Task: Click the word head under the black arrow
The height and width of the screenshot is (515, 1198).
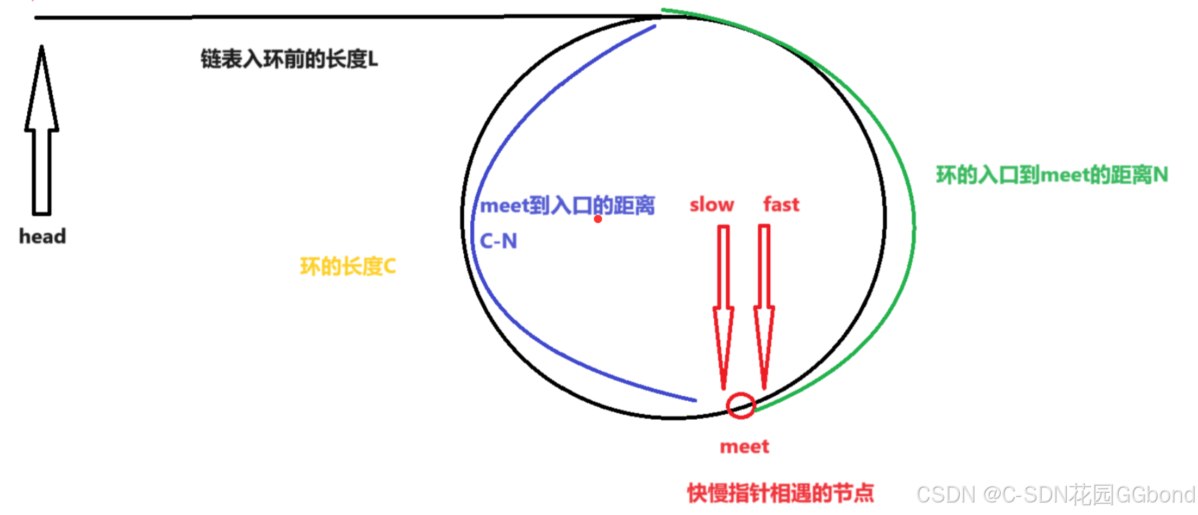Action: [x=42, y=236]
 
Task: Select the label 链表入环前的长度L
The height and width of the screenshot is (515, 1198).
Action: [x=289, y=59]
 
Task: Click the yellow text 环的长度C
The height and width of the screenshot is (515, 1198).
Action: [x=347, y=266]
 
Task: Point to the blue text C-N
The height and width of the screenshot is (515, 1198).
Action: [x=498, y=241]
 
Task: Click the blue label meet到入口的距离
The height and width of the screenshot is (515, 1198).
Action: [x=567, y=206]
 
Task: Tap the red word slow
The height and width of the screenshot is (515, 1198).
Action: [x=711, y=204]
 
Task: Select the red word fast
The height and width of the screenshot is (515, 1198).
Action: [x=781, y=204]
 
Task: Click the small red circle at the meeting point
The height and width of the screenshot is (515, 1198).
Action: [x=740, y=405]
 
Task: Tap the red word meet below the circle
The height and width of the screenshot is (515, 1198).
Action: [x=744, y=446]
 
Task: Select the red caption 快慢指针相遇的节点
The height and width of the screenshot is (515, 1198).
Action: [x=780, y=493]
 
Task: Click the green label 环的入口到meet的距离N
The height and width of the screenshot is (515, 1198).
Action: [x=1051, y=174]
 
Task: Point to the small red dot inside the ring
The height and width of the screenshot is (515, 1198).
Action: [x=598, y=219]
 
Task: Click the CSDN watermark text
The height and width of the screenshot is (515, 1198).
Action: [x=1055, y=494]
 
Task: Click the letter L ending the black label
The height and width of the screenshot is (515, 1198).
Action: [x=373, y=60]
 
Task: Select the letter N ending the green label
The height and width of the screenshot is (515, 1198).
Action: [x=1160, y=174]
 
